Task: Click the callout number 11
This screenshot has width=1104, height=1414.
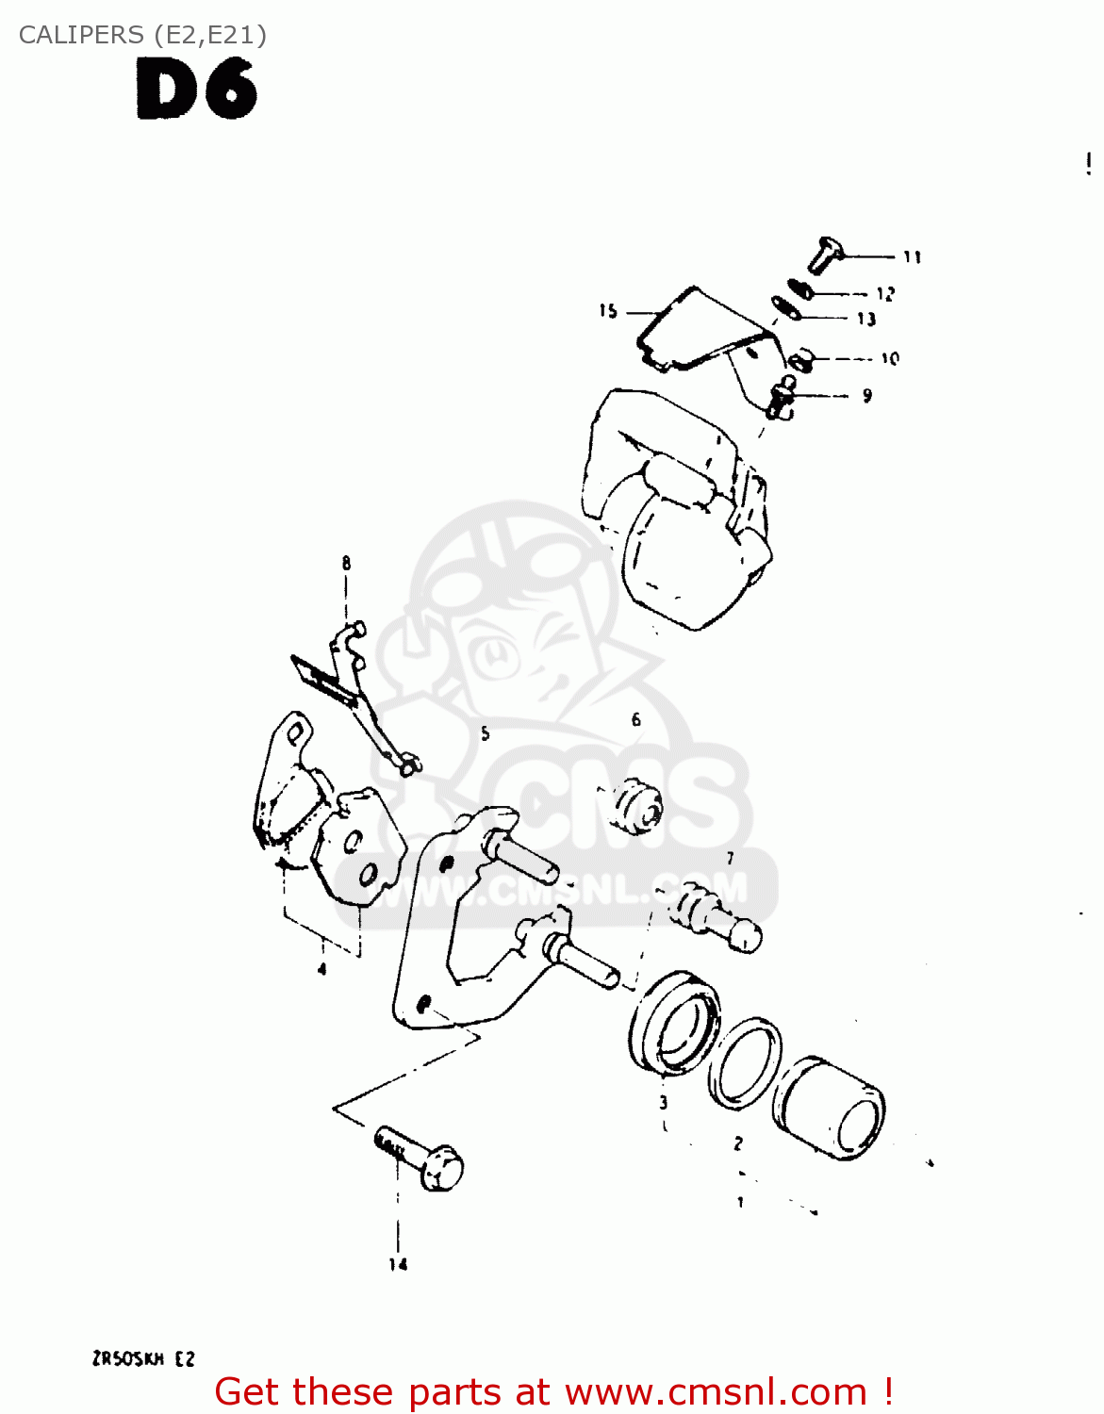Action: [912, 257]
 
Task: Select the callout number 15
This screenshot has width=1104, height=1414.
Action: [608, 311]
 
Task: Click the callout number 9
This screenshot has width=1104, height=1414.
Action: [866, 396]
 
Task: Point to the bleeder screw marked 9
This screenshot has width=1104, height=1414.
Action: [781, 396]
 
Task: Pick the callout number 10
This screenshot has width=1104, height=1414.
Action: [890, 358]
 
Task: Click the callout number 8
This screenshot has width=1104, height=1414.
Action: [346, 563]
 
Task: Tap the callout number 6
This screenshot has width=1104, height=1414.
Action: [636, 719]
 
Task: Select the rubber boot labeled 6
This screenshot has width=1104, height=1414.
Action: [637, 807]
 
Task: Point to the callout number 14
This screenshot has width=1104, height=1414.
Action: [398, 1264]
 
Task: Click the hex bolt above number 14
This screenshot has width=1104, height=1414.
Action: [420, 1158]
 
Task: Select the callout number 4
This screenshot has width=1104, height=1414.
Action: [321, 968]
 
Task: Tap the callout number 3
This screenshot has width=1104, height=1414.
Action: [664, 1102]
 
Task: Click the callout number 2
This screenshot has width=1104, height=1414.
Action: [738, 1143]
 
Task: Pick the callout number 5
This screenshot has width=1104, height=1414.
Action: [485, 733]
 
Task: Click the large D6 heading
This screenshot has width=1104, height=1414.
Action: [196, 90]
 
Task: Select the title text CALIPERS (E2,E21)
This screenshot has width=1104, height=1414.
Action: [142, 35]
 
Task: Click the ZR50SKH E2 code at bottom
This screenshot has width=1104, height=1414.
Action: [143, 1358]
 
